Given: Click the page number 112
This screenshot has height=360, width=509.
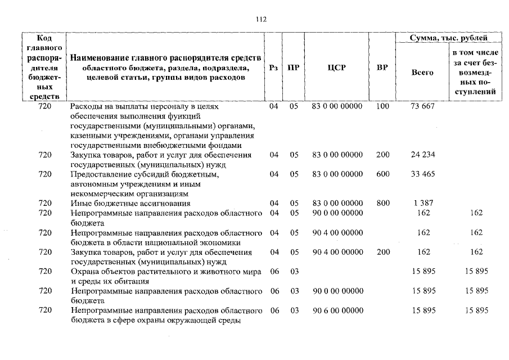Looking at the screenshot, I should [x=260, y=19].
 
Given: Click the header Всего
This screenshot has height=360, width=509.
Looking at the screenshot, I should [x=422, y=73].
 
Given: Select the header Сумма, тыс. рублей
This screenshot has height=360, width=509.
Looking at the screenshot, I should [x=449, y=38].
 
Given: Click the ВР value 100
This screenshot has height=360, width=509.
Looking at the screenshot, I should [x=382, y=106].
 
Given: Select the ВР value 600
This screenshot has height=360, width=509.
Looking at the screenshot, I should [x=382, y=174].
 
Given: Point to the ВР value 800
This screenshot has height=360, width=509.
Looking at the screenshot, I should [x=382, y=203].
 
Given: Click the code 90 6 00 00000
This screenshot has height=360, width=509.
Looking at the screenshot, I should [x=337, y=310].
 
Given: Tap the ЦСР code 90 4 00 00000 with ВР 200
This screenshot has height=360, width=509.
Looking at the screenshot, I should [x=337, y=252].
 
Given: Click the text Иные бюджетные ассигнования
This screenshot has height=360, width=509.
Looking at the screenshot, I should [x=130, y=203].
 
